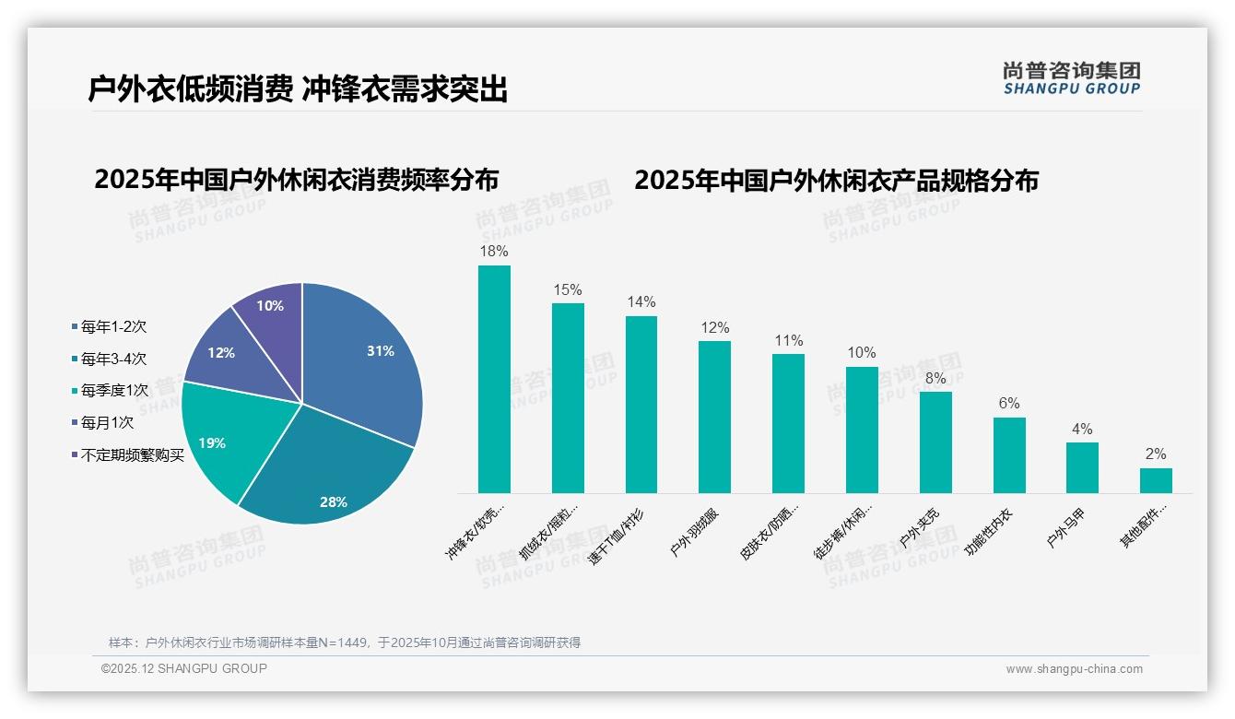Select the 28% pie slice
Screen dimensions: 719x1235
click(x=323, y=479)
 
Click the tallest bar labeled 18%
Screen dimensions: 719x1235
click(x=494, y=379)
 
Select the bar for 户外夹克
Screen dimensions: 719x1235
click(x=935, y=442)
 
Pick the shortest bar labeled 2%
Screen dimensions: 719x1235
click(x=1156, y=480)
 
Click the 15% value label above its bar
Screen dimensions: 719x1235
click(x=568, y=289)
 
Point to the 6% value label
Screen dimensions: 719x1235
click(x=1009, y=404)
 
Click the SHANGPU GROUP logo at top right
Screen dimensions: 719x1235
click(x=1071, y=77)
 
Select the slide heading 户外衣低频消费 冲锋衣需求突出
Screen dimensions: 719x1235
click(x=298, y=89)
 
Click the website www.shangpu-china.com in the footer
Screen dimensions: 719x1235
click(x=1074, y=669)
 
